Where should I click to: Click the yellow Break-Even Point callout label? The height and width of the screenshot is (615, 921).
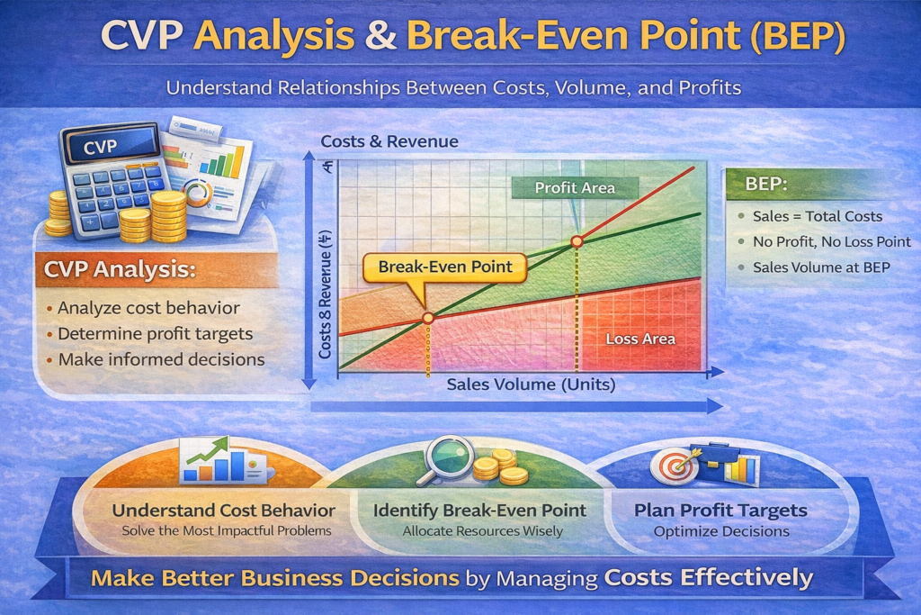[x=444, y=268]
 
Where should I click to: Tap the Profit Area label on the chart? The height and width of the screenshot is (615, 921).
[x=575, y=188]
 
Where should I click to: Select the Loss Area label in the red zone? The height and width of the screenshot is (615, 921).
[x=640, y=339]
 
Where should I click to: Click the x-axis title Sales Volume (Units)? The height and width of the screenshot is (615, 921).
[x=531, y=384]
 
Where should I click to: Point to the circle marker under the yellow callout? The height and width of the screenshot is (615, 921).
[x=428, y=318]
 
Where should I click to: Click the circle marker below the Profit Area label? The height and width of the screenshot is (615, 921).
[x=577, y=241]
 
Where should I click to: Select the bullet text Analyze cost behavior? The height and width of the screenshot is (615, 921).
[x=148, y=308]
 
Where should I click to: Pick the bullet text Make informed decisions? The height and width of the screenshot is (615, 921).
[x=162, y=359]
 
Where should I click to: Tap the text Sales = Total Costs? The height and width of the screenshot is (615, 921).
[x=818, y=216]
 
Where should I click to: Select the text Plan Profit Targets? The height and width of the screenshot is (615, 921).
[x=720, y=511]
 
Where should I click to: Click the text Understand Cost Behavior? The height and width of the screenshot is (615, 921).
[x=224, y=511]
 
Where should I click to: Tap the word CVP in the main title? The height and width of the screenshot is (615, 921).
[x=141, y=36]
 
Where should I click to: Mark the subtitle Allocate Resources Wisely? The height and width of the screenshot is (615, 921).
[x=483, y=531]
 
